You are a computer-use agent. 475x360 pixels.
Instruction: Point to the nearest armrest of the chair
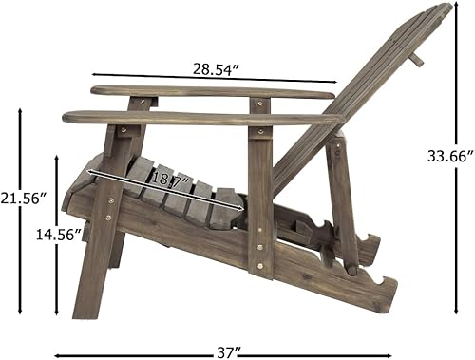pyautogui.click(x=199, y=119)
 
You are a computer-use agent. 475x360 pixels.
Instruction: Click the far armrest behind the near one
pyautogui.click(x=209, y=92)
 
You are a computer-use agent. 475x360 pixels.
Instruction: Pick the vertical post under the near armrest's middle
pyautogui.click(x=259, y=199)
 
